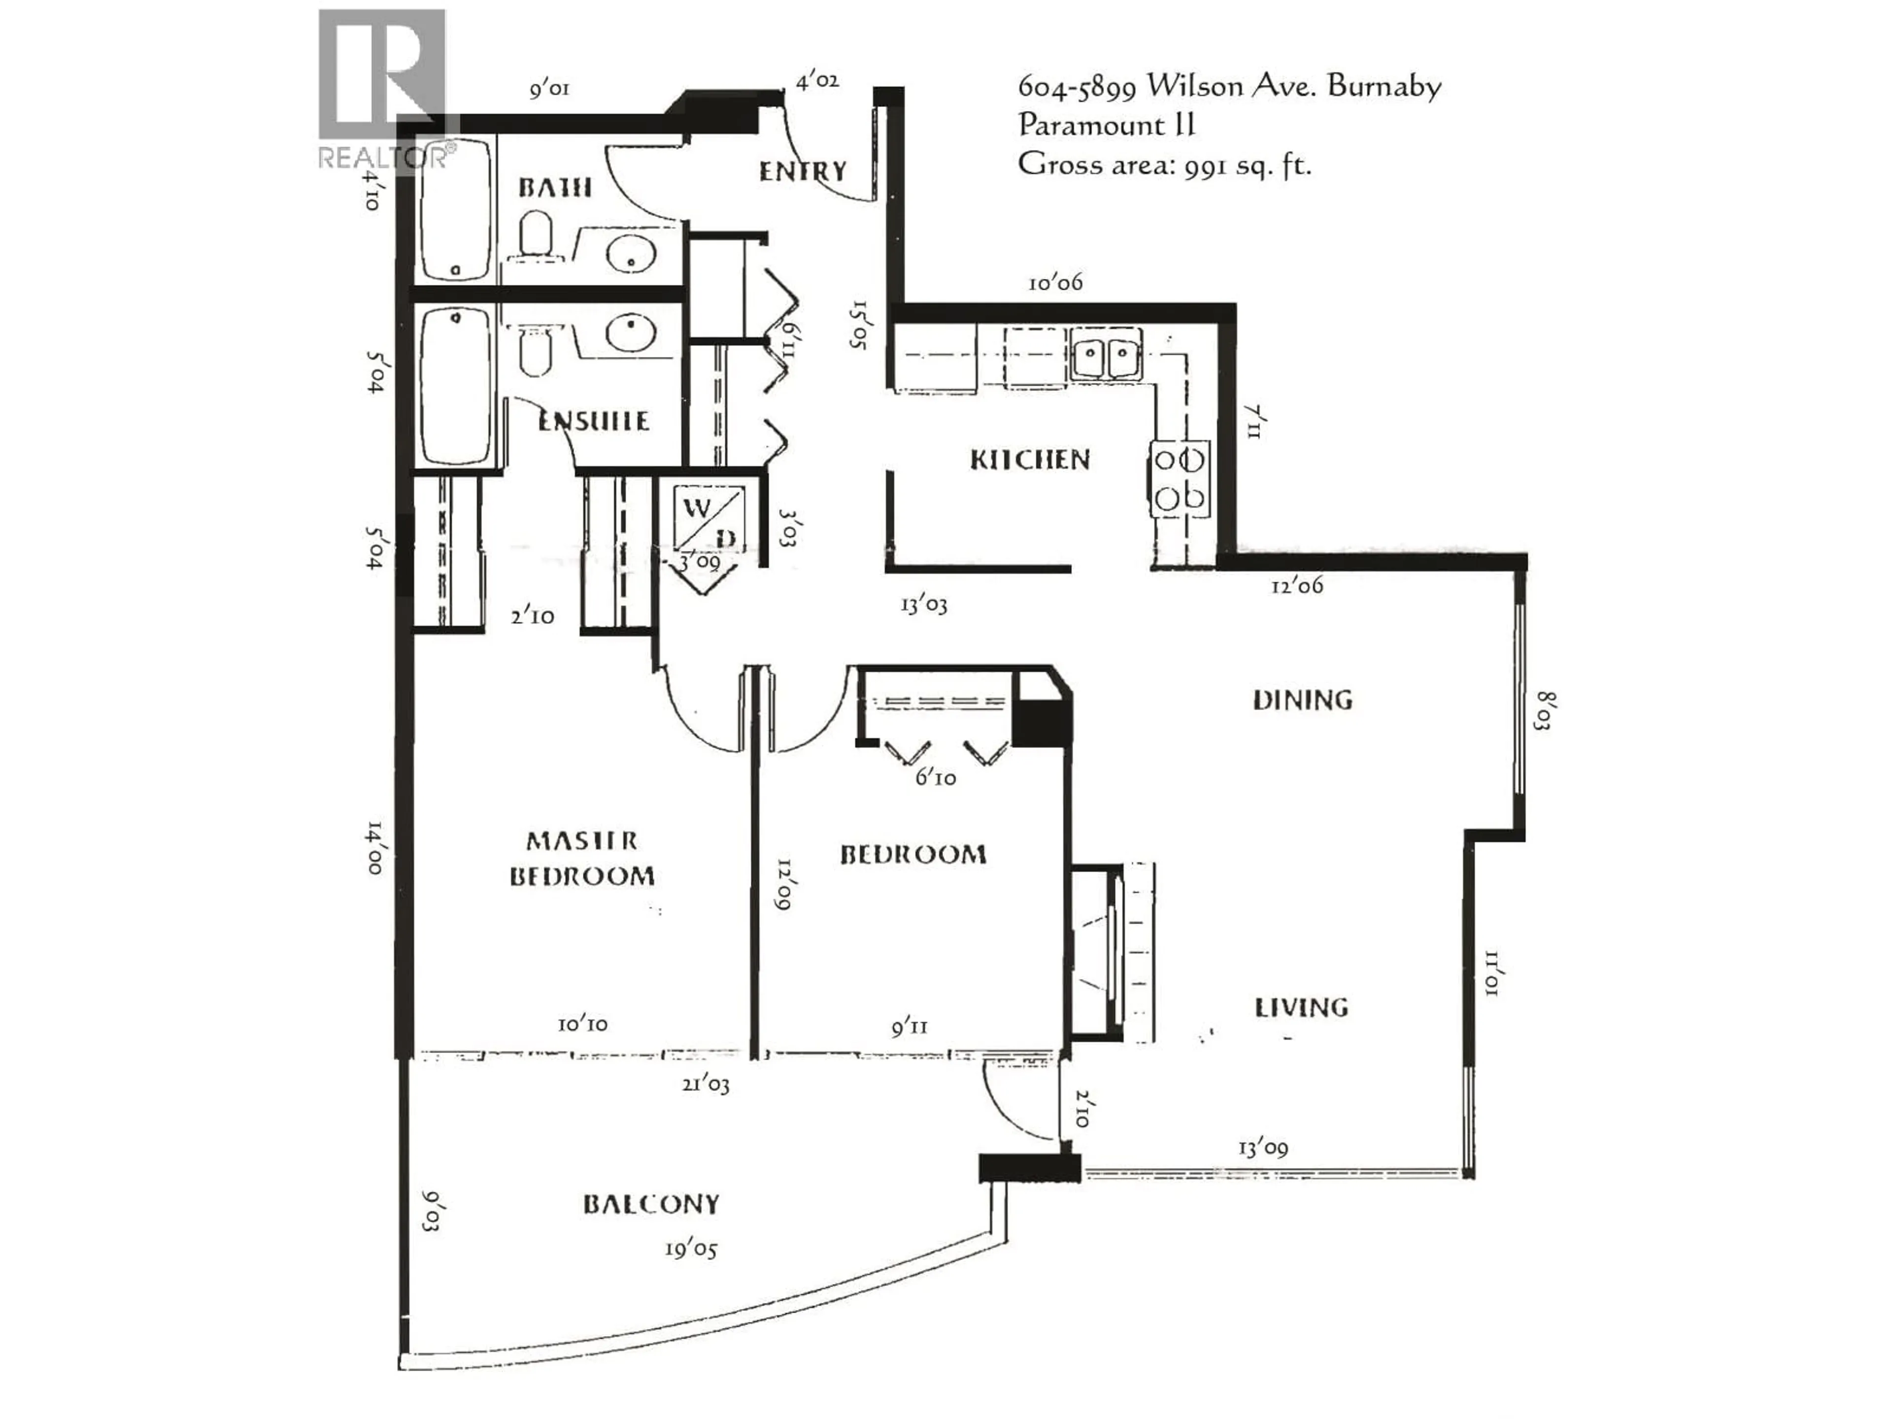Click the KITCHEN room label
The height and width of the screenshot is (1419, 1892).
coord(1030,460)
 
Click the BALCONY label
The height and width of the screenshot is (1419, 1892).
coord(651,1204)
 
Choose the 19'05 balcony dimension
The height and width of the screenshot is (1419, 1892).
coord(690,1250)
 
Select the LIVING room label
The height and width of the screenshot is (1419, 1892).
coord(1301,1008)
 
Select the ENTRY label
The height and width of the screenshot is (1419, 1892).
coord(802,172)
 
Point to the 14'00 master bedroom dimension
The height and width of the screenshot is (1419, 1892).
coord(374,847)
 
